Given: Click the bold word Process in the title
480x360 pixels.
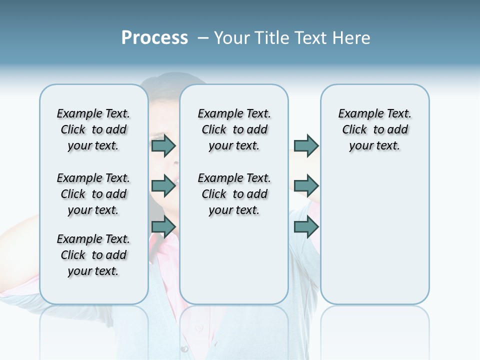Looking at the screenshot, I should point(154,38).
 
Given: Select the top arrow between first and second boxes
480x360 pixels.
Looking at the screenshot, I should point(163,145).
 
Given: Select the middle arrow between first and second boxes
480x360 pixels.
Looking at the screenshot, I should point(163,186).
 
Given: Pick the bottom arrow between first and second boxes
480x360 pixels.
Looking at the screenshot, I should point(163,227).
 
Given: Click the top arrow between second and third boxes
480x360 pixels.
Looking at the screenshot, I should point(306,145).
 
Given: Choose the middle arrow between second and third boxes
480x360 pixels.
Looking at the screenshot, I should point(306,186).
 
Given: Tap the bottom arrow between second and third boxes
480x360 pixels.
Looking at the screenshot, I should point(306,227).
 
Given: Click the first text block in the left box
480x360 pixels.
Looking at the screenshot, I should point(93,129).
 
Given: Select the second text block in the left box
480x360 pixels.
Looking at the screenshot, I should point(93,194).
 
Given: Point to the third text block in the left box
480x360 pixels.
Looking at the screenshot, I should point(93,255).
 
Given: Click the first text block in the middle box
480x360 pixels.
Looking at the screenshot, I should point(234,129).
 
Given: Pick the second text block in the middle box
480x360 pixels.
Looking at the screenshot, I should point(234,194).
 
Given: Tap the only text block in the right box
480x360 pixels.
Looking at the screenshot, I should point(374,129).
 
